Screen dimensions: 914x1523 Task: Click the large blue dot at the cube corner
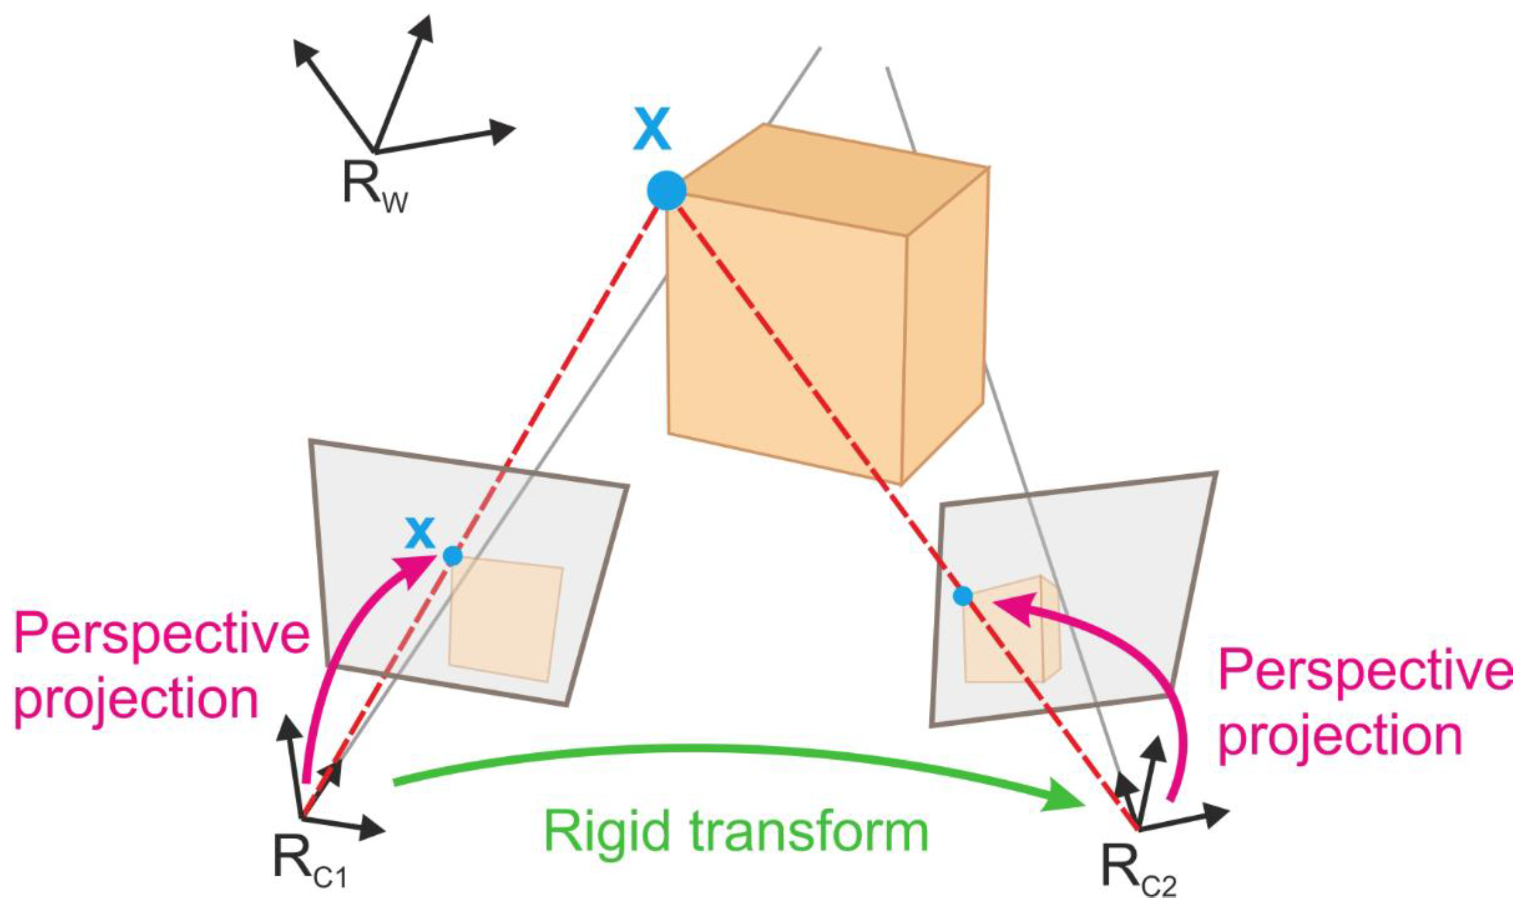pos(666,191)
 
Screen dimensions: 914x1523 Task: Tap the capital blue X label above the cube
pos(651,132)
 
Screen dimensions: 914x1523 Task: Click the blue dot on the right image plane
pos(962,595)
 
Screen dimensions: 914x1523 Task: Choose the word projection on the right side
pos(1340,738)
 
